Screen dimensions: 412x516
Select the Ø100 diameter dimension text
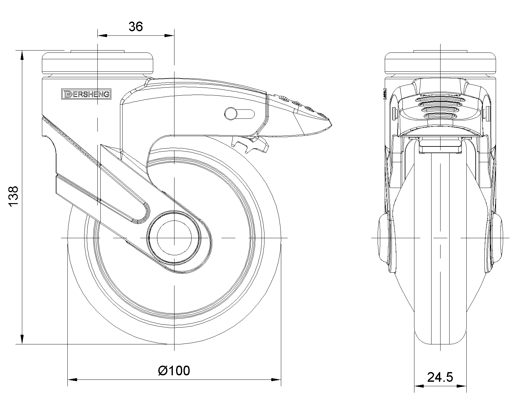click(x=174, y=371)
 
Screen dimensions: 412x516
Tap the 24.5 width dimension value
click(x=440, y=377)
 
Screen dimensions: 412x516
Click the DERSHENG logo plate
click(x=86, y=94)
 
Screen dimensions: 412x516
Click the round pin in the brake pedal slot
click(x=231, y=113)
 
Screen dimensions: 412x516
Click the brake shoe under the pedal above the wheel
click(x=252, y=145)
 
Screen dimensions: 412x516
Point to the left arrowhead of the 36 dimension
click(x=101, y=35)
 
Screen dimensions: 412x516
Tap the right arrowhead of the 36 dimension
click(x=170, y=35)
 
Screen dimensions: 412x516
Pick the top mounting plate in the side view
click(x=98, y=63)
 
